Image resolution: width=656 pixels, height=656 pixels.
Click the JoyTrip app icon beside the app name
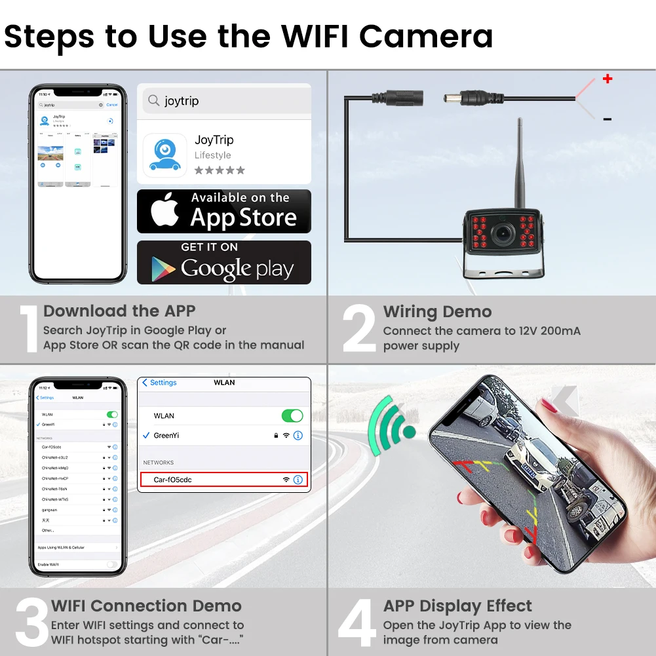point(164,155)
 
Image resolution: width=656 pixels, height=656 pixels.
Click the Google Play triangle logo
point(163,268)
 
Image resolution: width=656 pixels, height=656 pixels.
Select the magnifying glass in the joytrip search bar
point(154,100)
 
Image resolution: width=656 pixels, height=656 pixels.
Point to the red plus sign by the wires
point(608,79)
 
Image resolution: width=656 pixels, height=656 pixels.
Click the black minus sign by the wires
point(608,119)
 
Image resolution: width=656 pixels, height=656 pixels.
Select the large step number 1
point(29,330)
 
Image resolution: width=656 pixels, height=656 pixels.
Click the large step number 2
point(359,330)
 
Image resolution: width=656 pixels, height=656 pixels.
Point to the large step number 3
point(31,623)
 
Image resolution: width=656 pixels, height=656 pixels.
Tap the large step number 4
point(358,623)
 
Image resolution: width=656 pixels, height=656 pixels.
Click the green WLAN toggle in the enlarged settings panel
point(292,415)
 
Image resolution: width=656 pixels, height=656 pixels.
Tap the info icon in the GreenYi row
point(298,435)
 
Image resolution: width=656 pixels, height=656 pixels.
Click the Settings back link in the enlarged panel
point(159,383)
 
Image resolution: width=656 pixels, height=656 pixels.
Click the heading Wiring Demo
point(437,312)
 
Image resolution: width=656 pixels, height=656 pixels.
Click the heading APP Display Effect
point(457,606)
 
